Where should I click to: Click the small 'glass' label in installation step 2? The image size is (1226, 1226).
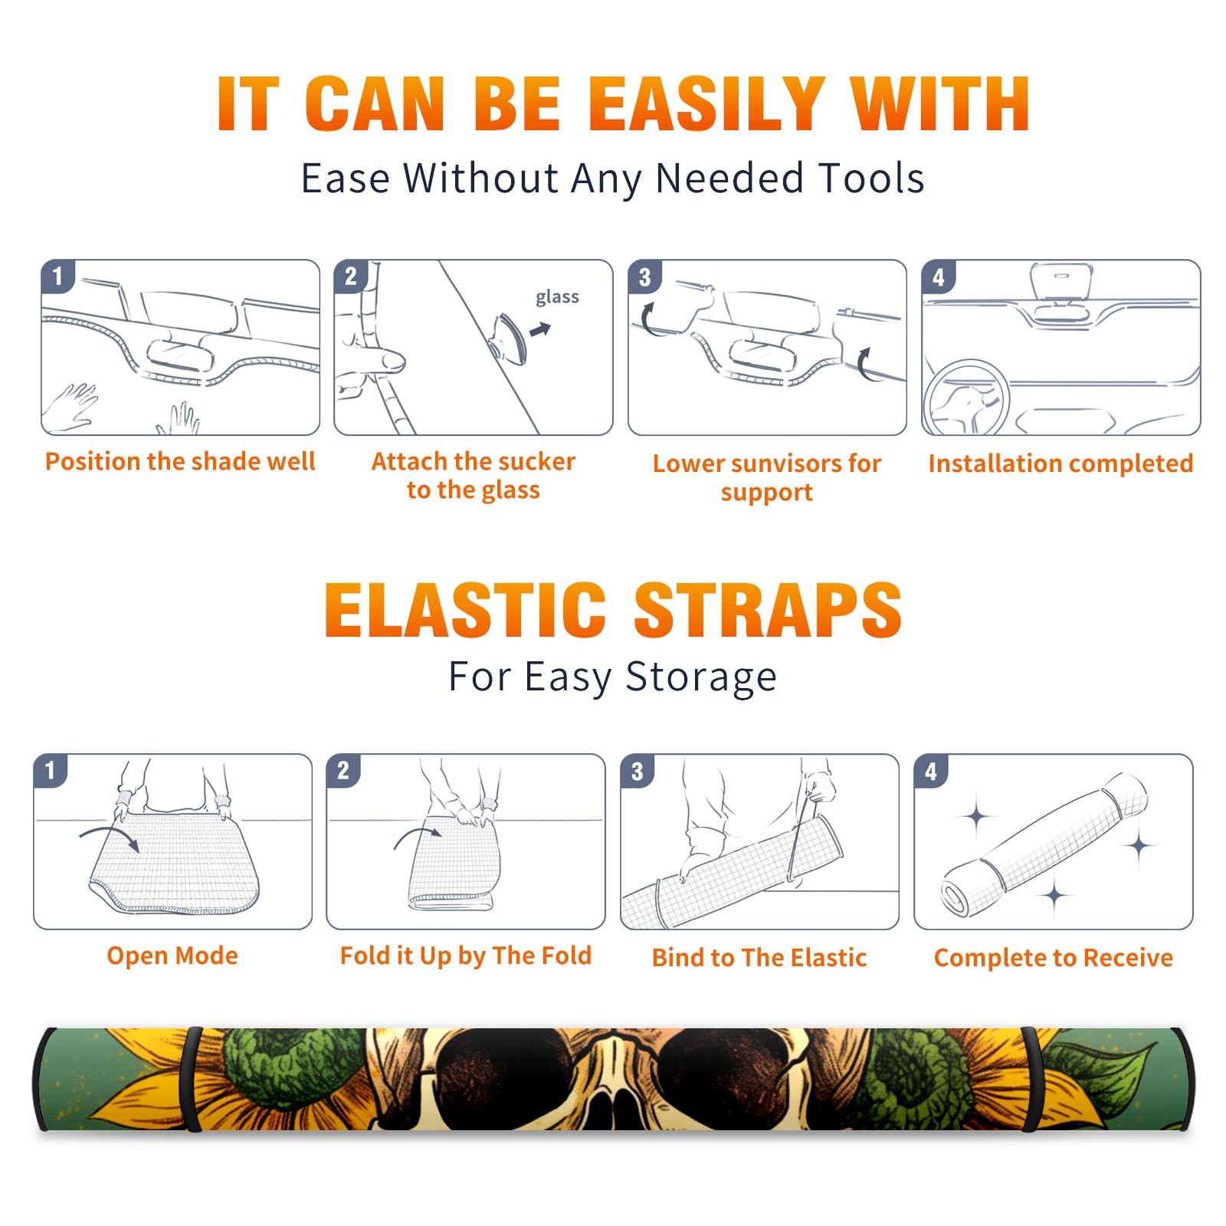pyautogui.click(x=557, y=297)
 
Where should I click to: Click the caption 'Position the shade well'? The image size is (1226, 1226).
pyautogui.click(x=180, y=461)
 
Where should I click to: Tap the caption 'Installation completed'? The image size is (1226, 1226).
pyautogui.click(x=1060, y=463)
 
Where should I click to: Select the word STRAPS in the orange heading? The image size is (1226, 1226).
pyautogui.click(x=768, y=610)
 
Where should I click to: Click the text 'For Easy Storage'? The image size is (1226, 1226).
pyautogui.click(x=612, y=677)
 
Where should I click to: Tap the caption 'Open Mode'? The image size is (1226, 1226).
pyautogui.click(x=172, y=956)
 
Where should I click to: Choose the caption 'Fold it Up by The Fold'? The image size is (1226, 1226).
pyautogui.click(x=466, y=956)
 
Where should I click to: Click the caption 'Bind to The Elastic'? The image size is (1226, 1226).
pyautogui.click(x=759, y=958)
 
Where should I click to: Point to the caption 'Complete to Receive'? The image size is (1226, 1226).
pyautogui.click(x=1054, y=958)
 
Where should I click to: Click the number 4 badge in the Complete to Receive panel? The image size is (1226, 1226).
pyautogui.click(x=931, y=771)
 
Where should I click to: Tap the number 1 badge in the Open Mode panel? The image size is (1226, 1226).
pyautogui.click(x=51, y=770)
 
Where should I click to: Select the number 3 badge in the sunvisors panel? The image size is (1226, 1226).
pyautogui.click(x=644, y=277)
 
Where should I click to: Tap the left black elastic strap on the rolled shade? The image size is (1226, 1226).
pyautogui.click(x=191, y=1079)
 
